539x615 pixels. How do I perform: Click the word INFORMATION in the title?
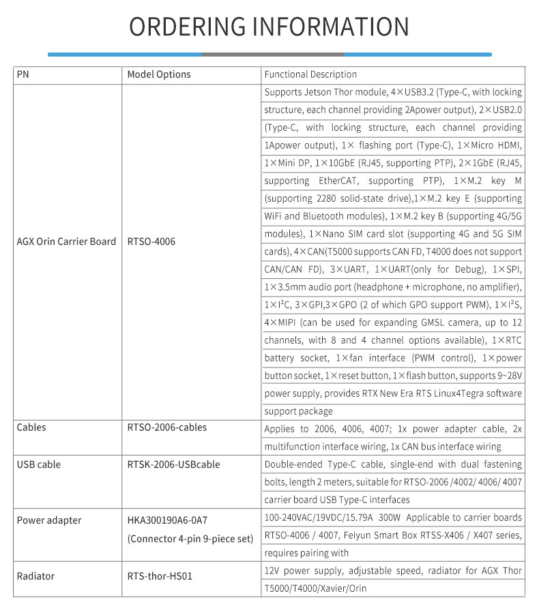[x=331, y=27]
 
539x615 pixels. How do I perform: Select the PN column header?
[x=23, y=74]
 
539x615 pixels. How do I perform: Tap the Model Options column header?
[x=159, y=74]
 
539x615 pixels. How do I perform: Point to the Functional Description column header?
[x=310, y=74]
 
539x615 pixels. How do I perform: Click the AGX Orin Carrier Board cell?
[x=66, y=241]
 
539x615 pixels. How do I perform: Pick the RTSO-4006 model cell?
[x=151, y=241]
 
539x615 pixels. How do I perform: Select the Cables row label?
[x=31, y=427]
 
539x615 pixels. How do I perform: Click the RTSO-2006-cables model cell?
[x=167, y=427]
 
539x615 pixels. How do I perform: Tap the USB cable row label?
[x=39, y=464]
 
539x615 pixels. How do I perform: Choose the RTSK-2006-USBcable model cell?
[x=173, y=464]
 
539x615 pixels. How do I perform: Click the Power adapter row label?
[x=49, y=520]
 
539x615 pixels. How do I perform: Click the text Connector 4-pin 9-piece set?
[x=190, y=539]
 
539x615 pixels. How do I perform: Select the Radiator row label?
[x=35, y=576]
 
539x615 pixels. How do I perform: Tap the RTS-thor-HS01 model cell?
[x=160, y=576]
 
